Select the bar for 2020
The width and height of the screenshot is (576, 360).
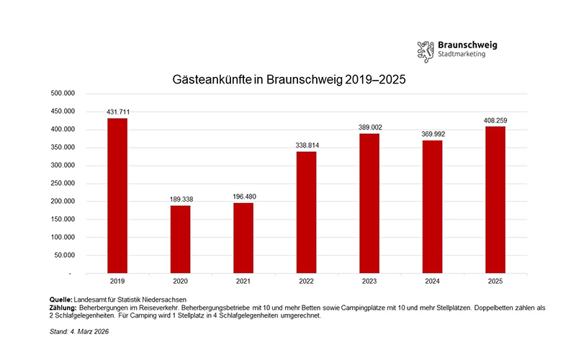(180, 240)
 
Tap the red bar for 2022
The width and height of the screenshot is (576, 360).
(306, 212)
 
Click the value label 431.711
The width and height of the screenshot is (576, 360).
(117, 112)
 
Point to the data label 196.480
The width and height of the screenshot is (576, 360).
(243, 197)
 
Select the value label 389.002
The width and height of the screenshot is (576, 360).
(369, 127)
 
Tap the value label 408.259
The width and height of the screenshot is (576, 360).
(495, 120)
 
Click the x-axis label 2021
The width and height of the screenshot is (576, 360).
(243, 282)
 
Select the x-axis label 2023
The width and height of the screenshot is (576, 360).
(369, 282)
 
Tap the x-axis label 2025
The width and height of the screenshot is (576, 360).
(495, 282)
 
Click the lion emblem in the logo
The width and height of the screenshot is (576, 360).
(426, 50)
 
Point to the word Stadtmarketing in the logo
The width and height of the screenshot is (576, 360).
(462, 55)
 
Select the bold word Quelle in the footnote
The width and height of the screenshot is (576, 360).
(60, 299)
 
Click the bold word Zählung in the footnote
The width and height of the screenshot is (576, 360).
(63, 307)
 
